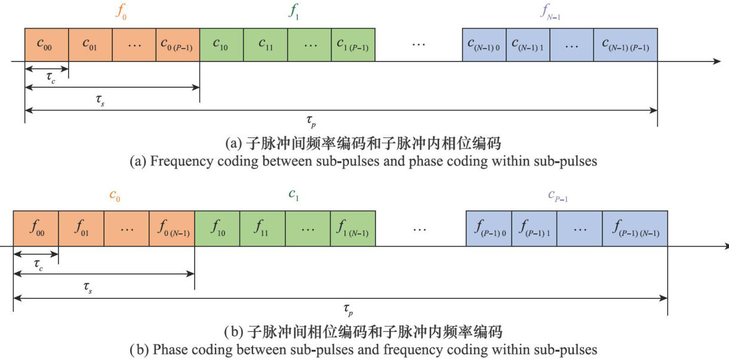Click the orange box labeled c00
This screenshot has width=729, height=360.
point(47,44)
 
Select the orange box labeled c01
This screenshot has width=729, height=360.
point(90,44)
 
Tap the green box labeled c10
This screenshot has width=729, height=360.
point(222,44)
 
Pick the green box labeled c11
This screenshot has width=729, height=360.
point(266,44)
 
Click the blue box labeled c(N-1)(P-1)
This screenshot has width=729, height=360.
point(625,44)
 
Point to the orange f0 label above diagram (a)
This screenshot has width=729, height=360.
point(119,13)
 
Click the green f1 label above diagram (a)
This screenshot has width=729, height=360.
point(293,13)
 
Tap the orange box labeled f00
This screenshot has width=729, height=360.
point(35,227)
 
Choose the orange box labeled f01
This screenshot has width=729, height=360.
point(81,227)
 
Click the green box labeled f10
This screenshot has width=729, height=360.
point(217,227)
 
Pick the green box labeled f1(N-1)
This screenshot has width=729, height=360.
point(352,227)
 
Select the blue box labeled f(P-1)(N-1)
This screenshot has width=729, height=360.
point(635,227)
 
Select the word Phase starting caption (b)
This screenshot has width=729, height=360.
point(168,349)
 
